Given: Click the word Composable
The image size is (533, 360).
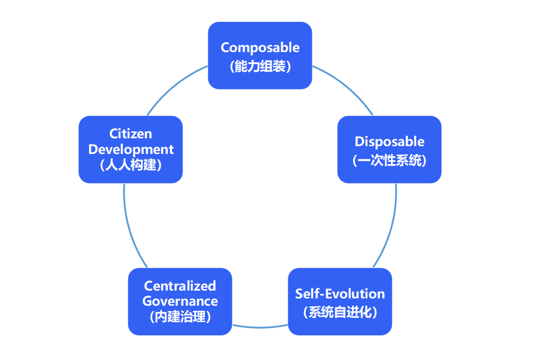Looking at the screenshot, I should click(260, 48).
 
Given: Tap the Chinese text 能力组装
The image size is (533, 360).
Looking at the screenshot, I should click(260, 66).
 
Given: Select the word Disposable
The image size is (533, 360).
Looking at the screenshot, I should click(390, 142).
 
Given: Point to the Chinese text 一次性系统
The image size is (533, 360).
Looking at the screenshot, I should click(390, 160).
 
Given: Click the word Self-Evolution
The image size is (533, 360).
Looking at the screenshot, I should click(340, 294).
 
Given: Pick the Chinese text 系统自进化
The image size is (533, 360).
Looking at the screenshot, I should click(340, 312).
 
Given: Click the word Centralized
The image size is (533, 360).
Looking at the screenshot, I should click(180, 286).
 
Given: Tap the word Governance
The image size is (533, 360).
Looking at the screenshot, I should click(180, 301).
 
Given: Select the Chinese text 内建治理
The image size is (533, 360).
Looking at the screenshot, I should click(180, 317).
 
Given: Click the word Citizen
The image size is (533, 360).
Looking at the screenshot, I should click(130, 134).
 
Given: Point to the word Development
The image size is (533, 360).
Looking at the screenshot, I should click(131, 149).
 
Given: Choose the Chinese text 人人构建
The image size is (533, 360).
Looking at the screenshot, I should click(130, 165).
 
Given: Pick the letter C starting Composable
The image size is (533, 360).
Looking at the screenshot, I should click(225, 48).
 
